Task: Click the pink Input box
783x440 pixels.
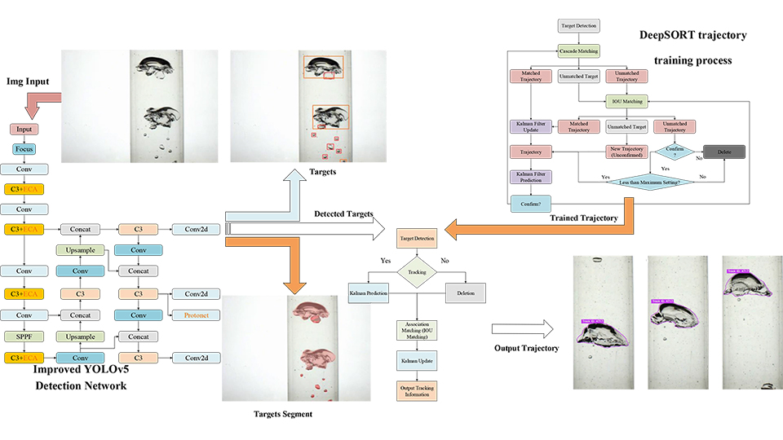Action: coord(24,130)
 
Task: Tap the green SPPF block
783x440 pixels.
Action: coord(25,337)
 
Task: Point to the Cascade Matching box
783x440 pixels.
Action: coord(578,51)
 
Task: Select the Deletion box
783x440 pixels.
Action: coord(466,293)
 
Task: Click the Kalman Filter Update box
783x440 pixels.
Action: coord(530,127)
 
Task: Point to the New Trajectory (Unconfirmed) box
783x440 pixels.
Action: coord(627,152)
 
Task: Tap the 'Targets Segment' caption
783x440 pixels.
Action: coord(283,414)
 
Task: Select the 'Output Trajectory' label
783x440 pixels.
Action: coord(526,349)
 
